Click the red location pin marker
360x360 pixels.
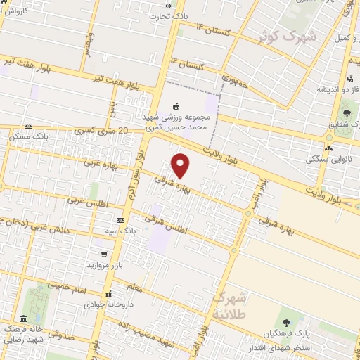coord(181,165)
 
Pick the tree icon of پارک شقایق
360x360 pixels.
coord(346,112)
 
